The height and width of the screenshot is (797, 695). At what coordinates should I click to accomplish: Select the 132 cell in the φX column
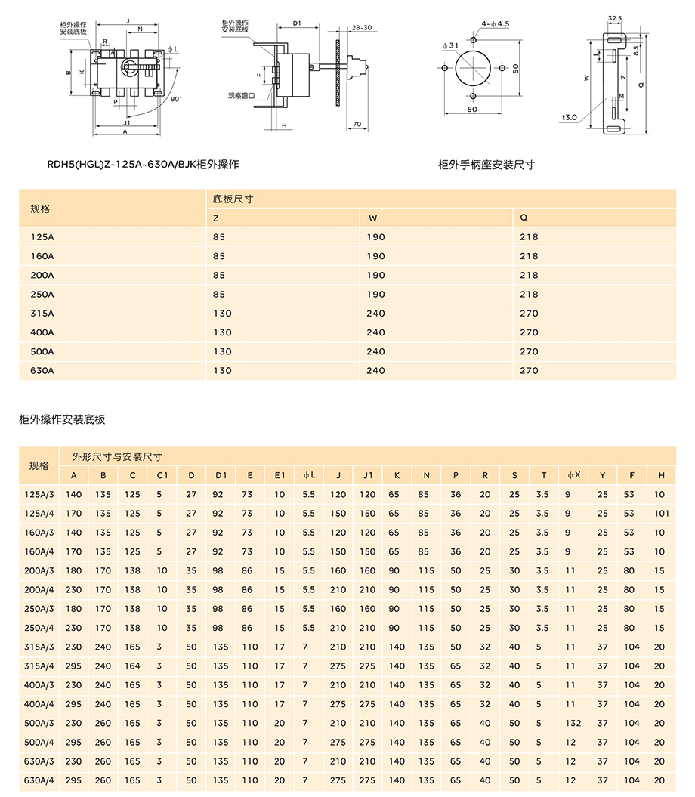click(572, 723)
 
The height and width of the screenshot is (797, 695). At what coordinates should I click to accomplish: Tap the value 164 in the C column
click(133, 666)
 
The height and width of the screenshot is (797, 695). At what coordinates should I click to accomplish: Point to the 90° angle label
click(176, 99)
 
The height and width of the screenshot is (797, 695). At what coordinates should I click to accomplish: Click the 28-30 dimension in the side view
click(362, 27)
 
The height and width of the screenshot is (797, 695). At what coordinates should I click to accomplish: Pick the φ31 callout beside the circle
click(451, 46)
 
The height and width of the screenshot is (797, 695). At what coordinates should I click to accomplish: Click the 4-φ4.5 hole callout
click(496, 24)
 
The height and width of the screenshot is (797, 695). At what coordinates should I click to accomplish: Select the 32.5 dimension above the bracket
click(614, 17)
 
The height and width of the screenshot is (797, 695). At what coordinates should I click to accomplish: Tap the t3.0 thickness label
click(570, 117)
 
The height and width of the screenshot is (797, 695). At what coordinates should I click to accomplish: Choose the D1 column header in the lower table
click(221, 475)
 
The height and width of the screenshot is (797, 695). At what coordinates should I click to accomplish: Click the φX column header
click(573, 475)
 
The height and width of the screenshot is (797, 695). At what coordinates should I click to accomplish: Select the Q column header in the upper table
click(524, 218)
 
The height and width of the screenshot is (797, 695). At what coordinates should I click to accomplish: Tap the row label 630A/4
click(39, 780)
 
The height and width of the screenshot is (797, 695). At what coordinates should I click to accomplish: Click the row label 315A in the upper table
click(42, 313)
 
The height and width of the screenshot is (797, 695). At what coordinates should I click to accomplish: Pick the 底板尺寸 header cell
click(233, 199)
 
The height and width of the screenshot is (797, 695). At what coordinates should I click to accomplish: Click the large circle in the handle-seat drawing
click(473, 68)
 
